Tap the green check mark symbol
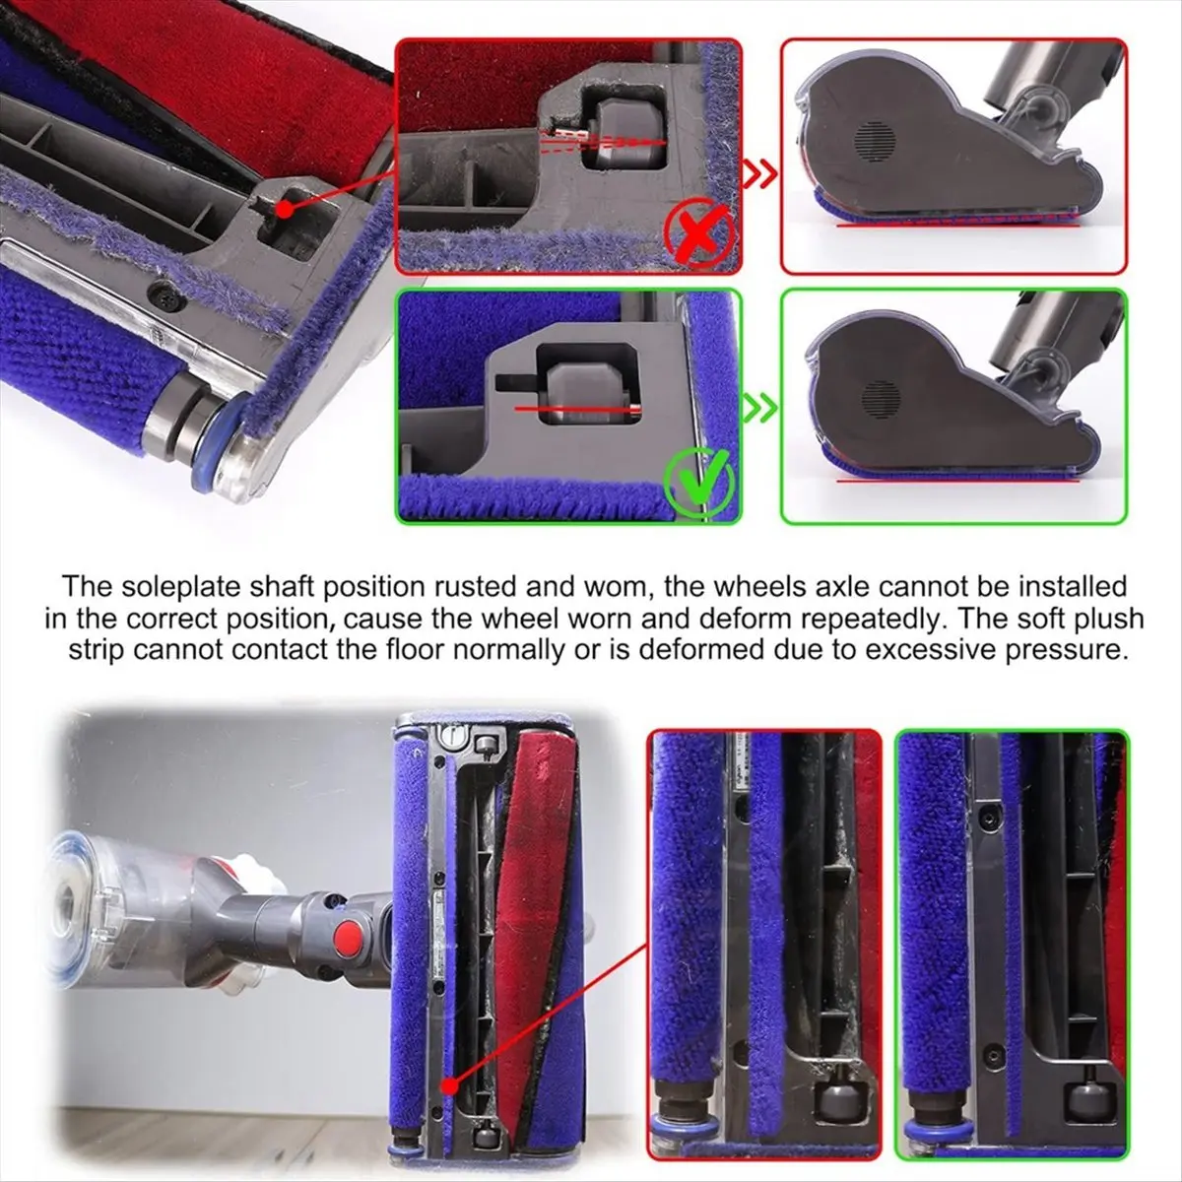point(698,486)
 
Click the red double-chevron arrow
point(759,174)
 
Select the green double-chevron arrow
point(759,408)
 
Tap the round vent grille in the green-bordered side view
point(882,397)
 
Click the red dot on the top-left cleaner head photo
point(284,210)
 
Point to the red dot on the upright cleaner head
point(451,1086)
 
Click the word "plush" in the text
point(1110,620)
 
